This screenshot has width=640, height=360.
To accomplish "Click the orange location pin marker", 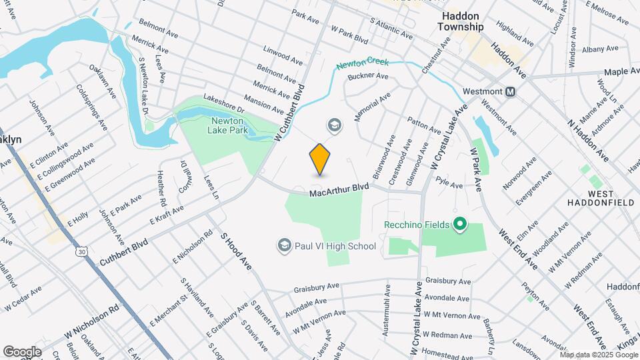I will (x=320, y=159).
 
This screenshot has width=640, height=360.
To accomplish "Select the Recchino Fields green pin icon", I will (x=459, y=224).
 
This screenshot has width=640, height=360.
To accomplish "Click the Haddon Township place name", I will (x=461, y=21).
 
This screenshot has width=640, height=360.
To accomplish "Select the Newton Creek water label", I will (x=362, y=65).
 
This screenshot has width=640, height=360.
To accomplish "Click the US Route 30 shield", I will (x=81, y=251).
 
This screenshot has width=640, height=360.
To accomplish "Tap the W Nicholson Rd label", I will (x=91, y=320).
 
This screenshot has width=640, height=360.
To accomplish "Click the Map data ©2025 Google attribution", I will (x=597, y=354).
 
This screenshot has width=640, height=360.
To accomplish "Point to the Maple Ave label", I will (x=621, y=71).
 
